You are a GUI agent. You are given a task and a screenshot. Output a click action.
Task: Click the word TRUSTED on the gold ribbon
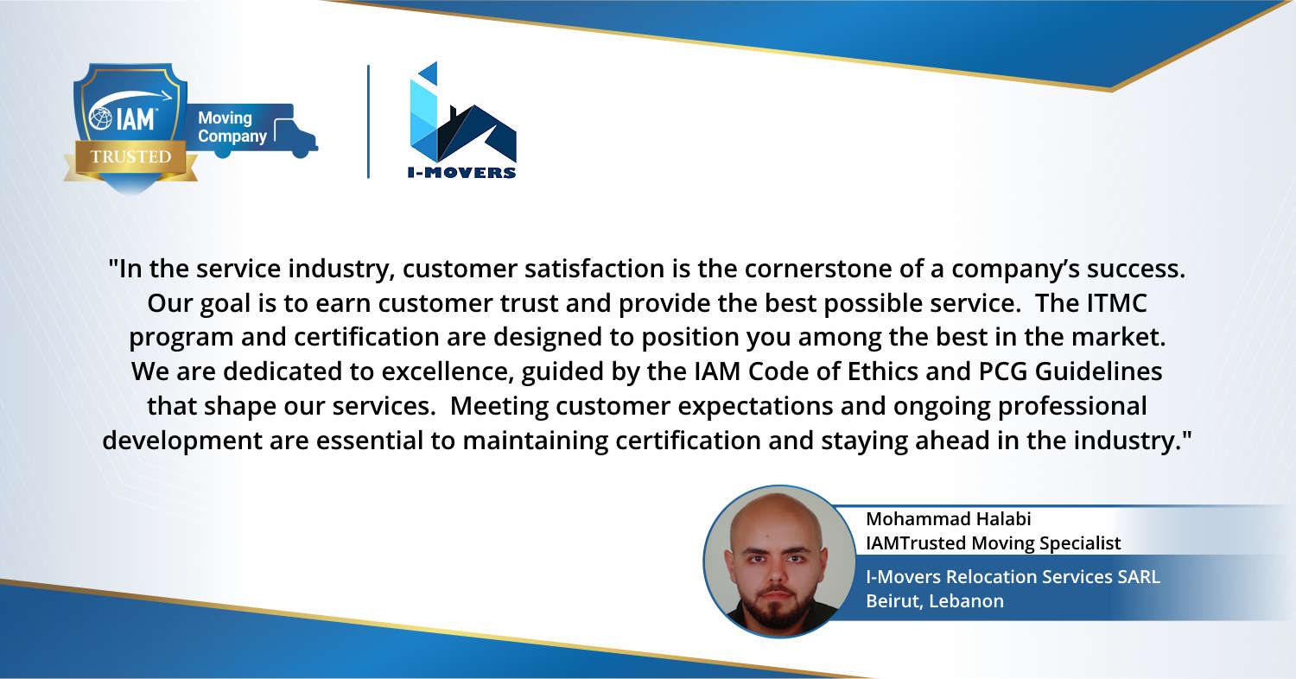[130, 156]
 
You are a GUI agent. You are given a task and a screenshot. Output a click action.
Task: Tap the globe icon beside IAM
[101, 118]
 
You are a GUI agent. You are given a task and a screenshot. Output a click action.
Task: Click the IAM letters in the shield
[136, 119]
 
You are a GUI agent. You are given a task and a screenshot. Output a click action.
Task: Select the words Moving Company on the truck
[232, 127]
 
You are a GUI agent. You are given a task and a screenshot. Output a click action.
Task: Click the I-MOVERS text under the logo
[461, 173]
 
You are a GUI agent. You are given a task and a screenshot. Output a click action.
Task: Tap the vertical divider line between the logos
[369, 122]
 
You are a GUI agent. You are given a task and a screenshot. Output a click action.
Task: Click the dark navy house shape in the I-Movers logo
[477, 134]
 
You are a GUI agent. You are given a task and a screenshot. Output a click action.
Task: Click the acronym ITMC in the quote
[1116, 303]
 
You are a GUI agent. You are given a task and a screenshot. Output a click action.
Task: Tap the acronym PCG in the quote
[1002, 371]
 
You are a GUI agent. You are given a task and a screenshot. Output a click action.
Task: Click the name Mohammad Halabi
[949, 519]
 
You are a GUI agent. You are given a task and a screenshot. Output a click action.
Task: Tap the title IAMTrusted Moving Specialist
[993, 543]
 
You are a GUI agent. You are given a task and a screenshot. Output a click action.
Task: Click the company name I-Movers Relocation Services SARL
[1013, 576]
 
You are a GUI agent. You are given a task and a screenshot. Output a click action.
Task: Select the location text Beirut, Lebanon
[935, 601]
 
